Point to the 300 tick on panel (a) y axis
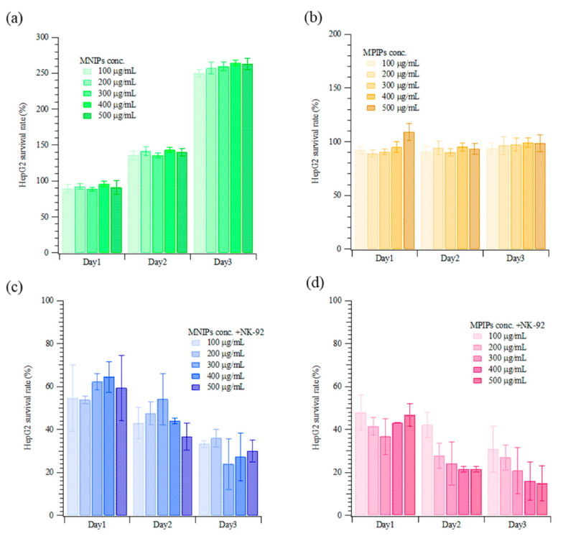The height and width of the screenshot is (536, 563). coord(49,37)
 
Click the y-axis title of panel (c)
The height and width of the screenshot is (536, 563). coord(27,408)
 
